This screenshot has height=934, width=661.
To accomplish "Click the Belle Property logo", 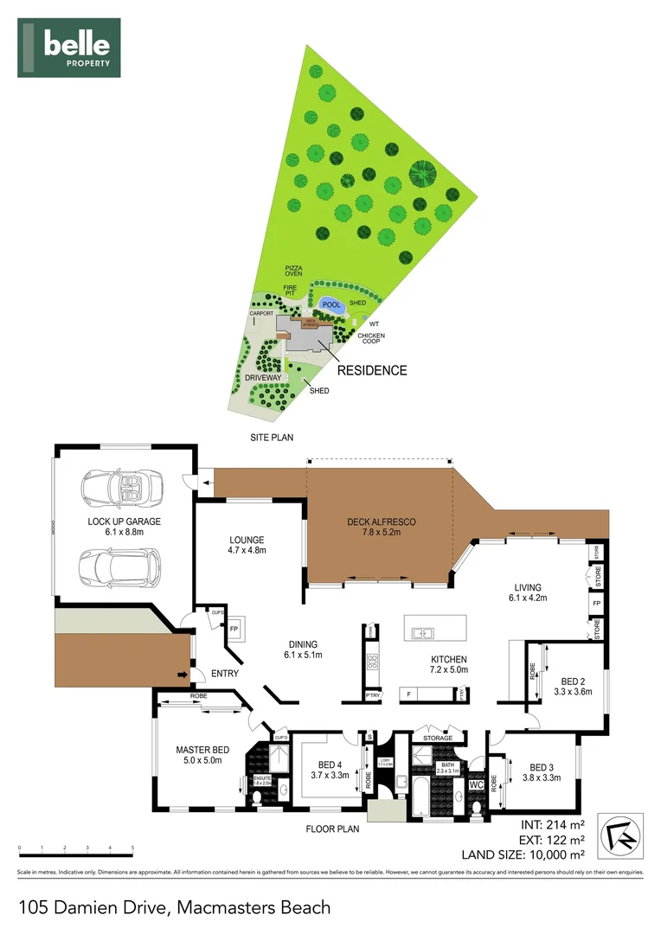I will click(69, 48).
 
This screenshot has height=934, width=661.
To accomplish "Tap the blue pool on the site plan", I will click(330, 304).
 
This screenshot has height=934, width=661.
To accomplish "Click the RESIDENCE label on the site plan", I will click(372, 370).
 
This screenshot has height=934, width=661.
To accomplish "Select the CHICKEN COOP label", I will click(371, 338).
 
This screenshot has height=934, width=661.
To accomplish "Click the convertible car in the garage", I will click(121, 489).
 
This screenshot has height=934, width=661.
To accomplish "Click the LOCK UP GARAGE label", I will click(125, 527).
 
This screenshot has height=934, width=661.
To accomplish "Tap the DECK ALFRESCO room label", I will click(382, 527).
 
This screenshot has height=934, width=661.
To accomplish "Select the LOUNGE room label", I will click(247, 545).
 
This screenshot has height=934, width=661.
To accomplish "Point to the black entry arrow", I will click(182, 674).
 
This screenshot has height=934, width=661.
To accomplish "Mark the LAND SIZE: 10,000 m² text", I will click(523, 854).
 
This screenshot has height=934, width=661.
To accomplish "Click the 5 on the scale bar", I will click(132, 848).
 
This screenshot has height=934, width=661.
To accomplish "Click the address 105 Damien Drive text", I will click(174, 907).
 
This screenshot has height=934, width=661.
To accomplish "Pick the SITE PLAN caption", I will click(271, 438).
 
